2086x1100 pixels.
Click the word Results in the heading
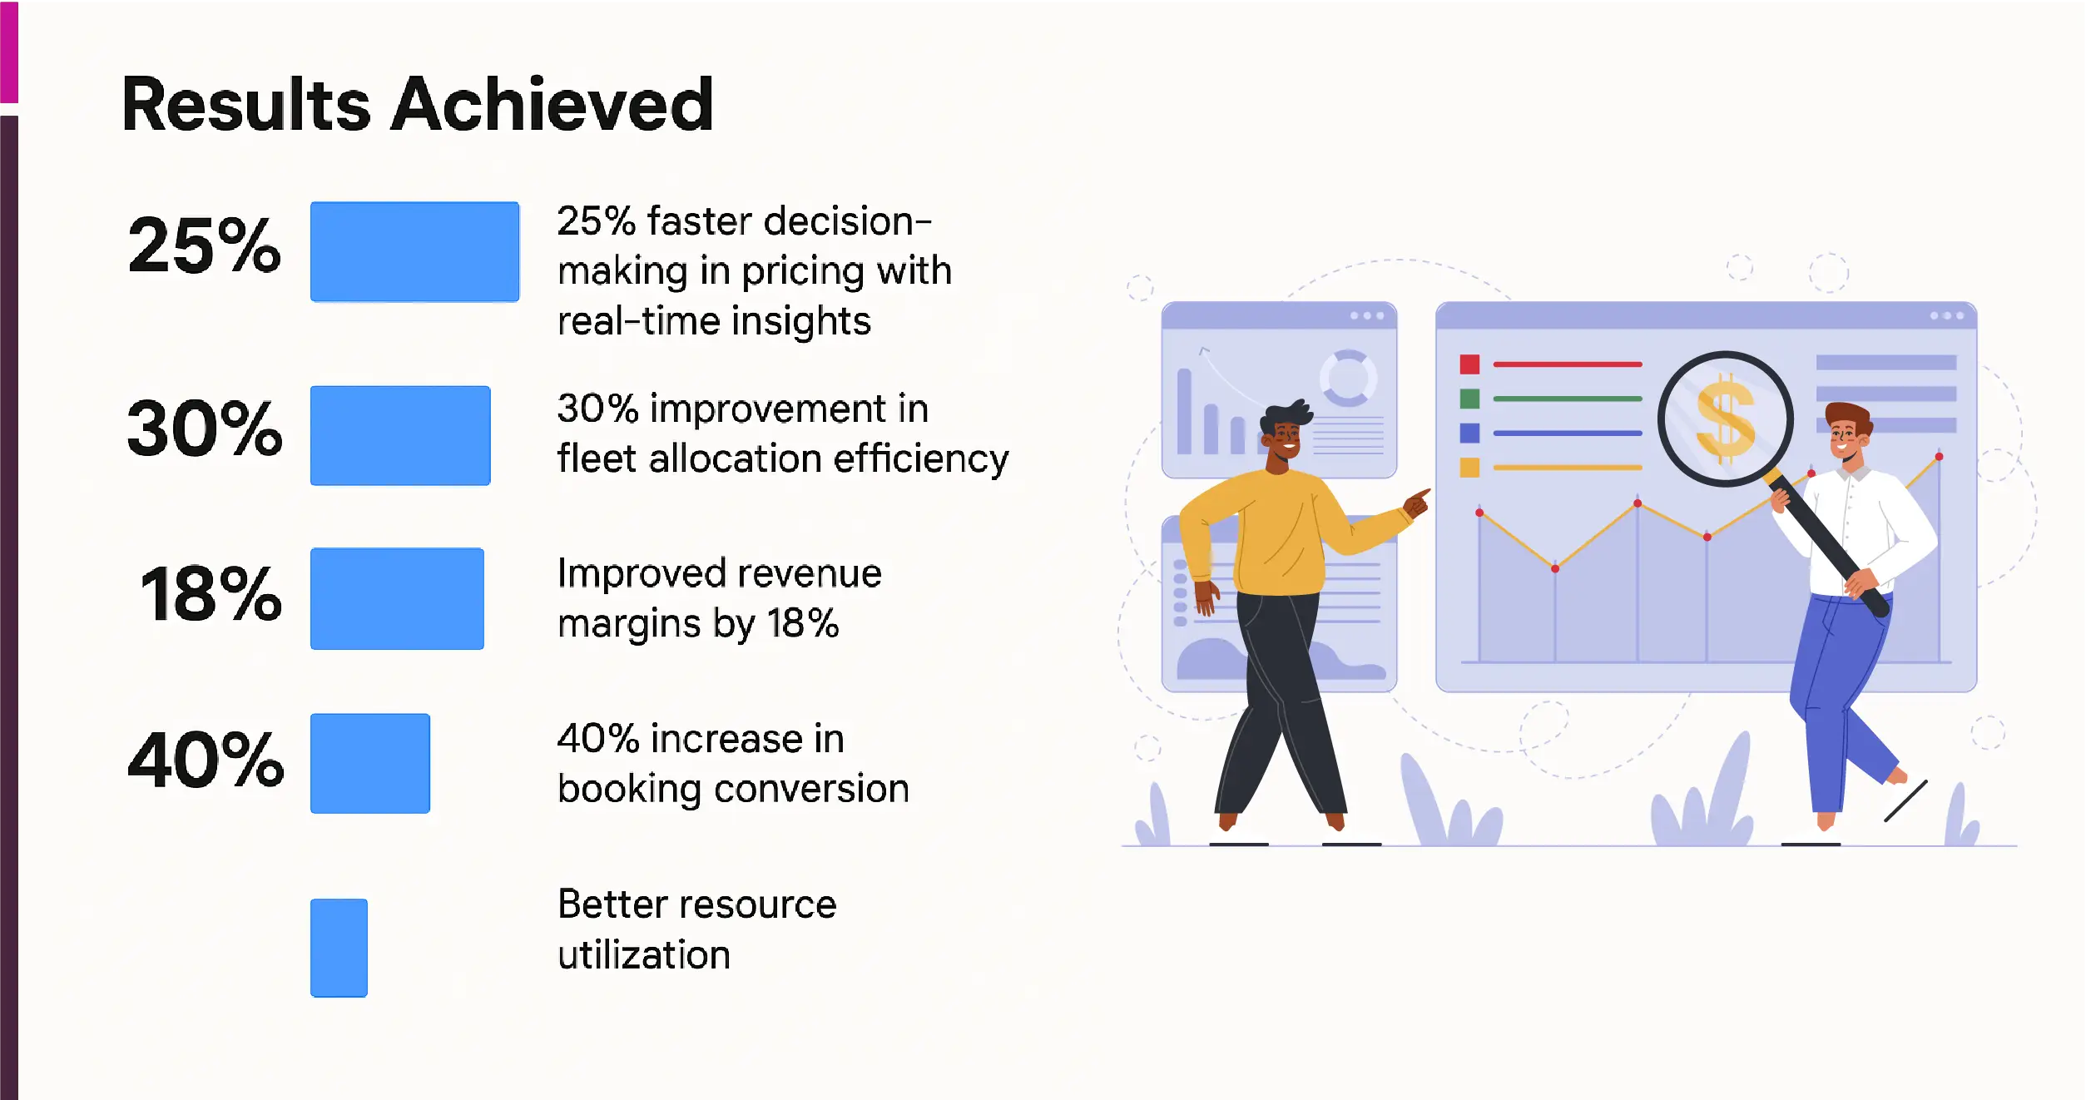coord(246,104)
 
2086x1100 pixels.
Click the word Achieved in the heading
coord(552,104)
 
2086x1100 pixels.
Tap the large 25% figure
coord(205,245)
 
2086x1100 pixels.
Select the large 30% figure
coord(205,429)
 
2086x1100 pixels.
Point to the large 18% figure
coord(211,594)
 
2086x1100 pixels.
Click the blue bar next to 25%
coord(414,251)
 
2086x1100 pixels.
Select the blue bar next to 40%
coord(370,763)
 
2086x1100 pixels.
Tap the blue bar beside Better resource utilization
coord(339,948)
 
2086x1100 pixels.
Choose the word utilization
coord(644,954)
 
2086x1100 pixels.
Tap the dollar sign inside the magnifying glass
coord(1725,419)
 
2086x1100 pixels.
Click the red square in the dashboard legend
coord(1469,364)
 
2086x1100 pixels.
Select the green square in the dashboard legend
coord(1469,399)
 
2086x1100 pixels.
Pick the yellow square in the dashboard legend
coord(1469,468)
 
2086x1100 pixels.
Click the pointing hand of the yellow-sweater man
coord(1417,503)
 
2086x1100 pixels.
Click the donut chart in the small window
coord(1348,379)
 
